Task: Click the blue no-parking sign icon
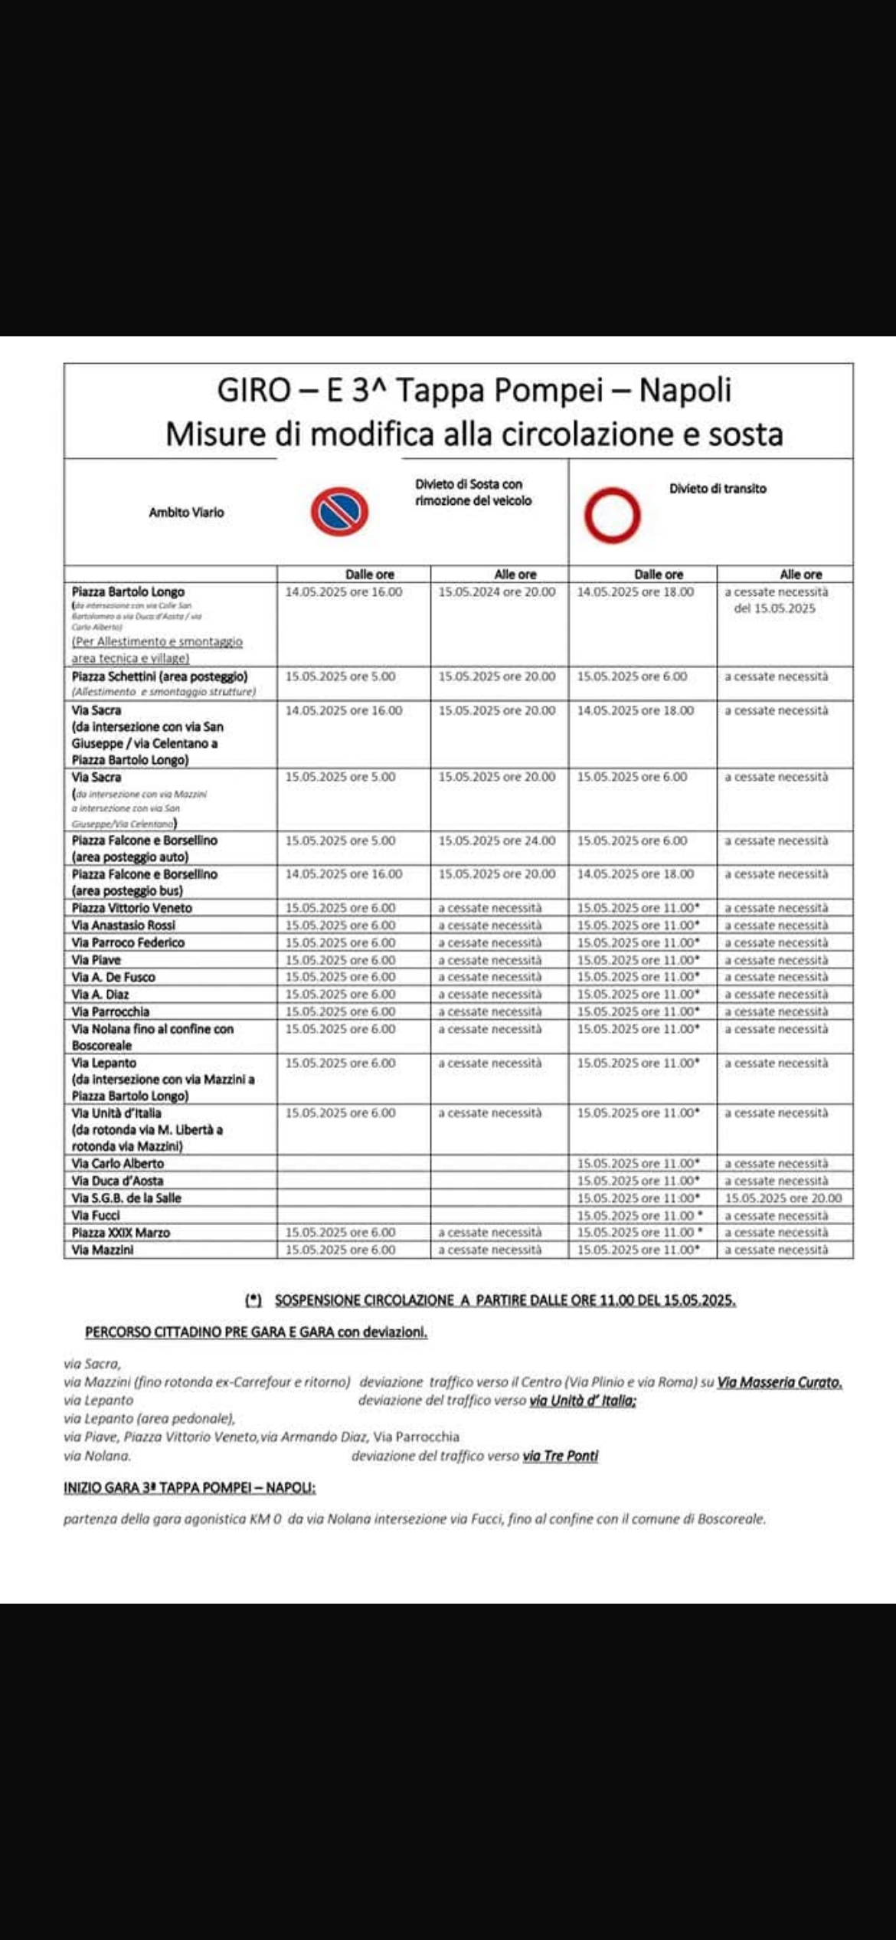339,513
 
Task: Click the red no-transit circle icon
612,515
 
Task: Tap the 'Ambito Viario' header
186,513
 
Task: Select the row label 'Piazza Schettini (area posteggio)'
159,677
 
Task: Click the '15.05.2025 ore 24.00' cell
497,841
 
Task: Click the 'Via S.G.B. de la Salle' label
126,1198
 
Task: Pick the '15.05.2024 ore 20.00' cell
497,592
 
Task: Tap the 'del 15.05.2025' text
774,609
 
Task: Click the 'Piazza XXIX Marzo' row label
121,1233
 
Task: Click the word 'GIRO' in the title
253,390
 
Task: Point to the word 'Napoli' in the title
685,390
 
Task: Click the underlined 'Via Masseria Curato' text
779,1383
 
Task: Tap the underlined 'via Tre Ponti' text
560,1456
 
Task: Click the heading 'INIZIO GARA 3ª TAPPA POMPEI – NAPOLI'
189,1488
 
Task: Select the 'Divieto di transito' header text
718,489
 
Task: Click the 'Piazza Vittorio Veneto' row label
132,908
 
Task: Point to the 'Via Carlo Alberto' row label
118,1164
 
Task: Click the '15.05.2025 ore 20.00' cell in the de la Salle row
783,1198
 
